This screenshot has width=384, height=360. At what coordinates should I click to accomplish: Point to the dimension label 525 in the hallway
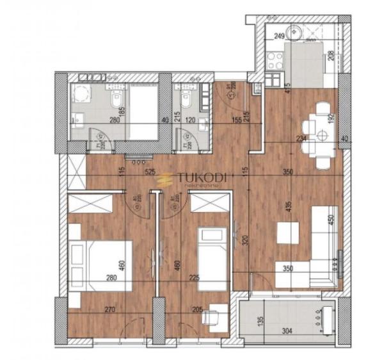(x=151, y=172)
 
